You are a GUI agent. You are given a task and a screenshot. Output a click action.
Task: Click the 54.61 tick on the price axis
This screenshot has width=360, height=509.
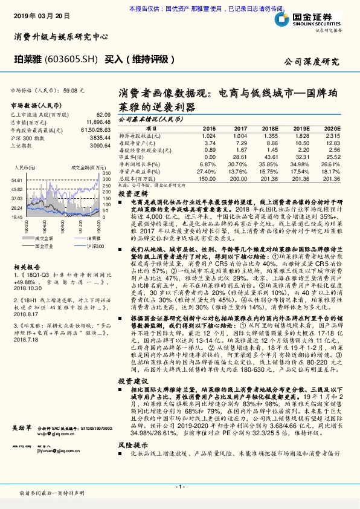tap(18, 180)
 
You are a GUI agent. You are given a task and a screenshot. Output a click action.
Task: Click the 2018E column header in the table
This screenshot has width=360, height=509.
tap(270, 129)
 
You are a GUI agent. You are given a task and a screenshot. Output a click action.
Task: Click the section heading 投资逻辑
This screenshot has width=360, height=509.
tap(130, 193)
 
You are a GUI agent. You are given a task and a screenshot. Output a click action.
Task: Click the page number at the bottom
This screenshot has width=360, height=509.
tap(179, 487)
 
